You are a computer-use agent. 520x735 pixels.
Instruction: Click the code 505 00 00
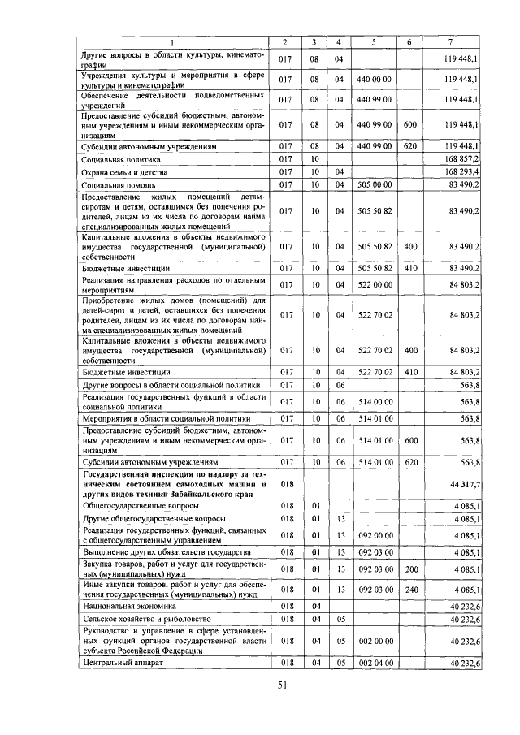[x=374, y=185]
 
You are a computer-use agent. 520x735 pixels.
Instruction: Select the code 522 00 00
[x=374, y=284]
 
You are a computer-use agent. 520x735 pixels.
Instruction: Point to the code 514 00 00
[x=374, y=401]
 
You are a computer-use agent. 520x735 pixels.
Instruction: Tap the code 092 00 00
[x=374, y=535]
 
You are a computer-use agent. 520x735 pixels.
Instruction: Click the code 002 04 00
[x=374, y=664]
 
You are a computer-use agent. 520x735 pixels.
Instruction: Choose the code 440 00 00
[x=374, y=80]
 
